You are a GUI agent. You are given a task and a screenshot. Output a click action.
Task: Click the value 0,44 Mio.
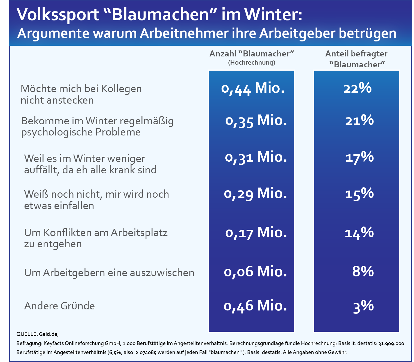point(253,89)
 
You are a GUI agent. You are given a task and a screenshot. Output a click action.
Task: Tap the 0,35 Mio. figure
point(256,120)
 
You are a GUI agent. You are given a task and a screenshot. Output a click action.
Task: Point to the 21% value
point(359,120)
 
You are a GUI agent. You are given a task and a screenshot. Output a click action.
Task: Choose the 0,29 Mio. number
point(255,194)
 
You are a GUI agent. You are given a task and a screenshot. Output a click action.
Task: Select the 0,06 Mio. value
point(255,272)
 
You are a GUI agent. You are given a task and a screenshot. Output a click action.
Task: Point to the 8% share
point(363,271)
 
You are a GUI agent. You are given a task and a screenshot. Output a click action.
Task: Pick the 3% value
point(363,306)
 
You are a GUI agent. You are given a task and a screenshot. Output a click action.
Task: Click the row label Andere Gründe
point(59,306)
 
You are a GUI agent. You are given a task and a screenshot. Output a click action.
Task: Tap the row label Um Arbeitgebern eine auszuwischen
point(109,273)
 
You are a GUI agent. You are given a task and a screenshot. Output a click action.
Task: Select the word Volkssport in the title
point(58,15)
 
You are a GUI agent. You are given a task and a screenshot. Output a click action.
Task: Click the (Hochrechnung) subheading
point(252,62)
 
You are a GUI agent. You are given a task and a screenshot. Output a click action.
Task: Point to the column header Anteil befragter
point(356,54)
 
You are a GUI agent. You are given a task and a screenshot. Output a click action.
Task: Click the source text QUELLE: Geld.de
point(37,334)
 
